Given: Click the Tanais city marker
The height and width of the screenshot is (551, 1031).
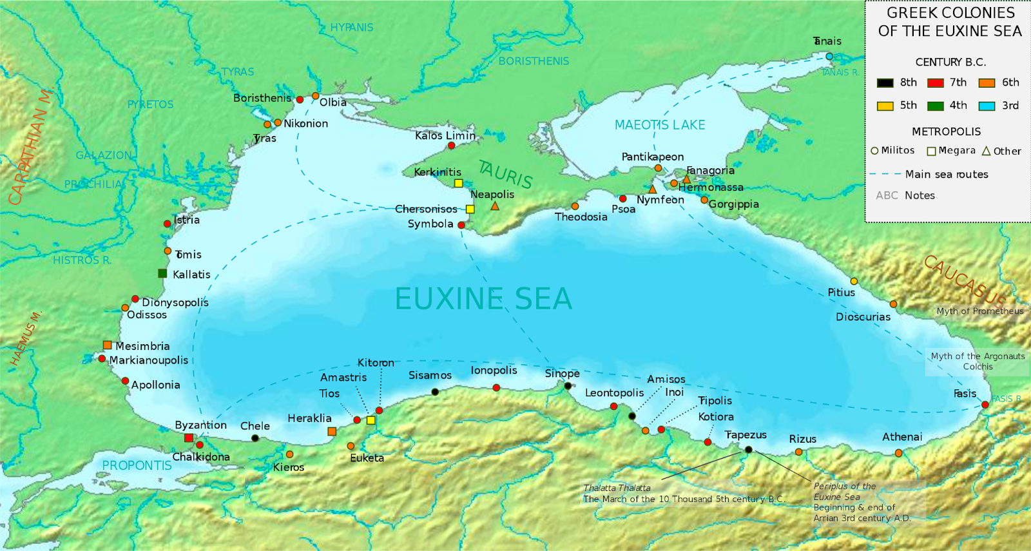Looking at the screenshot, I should [x=829, y=57].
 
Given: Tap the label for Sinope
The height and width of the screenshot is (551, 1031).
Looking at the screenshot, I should [x=562, y=373].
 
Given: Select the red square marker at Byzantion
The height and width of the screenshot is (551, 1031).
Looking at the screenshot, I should [x=189, y=438].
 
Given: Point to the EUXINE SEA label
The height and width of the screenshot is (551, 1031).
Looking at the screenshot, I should [x=483, y=299].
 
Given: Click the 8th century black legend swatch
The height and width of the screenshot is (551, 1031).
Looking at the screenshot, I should [x=885, y=82].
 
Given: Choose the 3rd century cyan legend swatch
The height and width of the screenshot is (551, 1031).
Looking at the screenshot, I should [x=987, y=106].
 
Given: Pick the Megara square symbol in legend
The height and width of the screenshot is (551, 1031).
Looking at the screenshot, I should [x=931, y=151].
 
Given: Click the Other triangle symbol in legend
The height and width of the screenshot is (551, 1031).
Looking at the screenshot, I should [x=986, y=151].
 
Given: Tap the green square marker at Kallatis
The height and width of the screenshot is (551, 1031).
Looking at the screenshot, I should [x=162, y=273].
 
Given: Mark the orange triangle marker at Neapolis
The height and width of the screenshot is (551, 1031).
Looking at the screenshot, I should [x=495, y=206].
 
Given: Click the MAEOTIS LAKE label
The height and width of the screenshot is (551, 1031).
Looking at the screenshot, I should [x=659, y=125].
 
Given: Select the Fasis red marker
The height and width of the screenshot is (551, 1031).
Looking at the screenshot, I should [x=985, y=405].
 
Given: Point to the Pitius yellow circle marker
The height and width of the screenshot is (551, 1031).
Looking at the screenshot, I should [x=854, y=281].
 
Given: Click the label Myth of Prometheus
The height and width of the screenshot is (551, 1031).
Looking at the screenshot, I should [x=979, y=311].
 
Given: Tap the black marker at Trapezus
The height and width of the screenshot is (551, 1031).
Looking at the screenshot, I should [x=748, y=449].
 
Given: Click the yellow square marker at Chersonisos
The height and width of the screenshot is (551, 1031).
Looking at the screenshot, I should [x=470, y=209].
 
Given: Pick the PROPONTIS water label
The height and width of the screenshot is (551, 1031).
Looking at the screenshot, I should [x=137, y=465].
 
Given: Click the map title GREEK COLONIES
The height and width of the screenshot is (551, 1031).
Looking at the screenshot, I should [x=950, y=13].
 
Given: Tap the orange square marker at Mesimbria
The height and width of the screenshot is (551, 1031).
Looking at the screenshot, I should [x=108, y=345].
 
